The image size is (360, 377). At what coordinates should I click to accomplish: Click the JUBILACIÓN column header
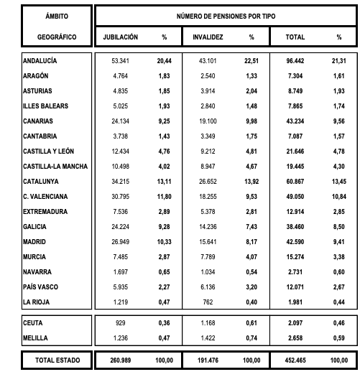coord(120,37)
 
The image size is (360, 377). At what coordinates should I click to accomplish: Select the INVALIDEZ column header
coord(208,37)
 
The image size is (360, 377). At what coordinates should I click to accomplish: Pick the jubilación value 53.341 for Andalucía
coord(121,61)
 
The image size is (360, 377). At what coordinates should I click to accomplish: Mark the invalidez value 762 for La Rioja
coord(208,301)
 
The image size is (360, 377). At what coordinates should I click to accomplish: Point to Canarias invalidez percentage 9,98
coord(251,121)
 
